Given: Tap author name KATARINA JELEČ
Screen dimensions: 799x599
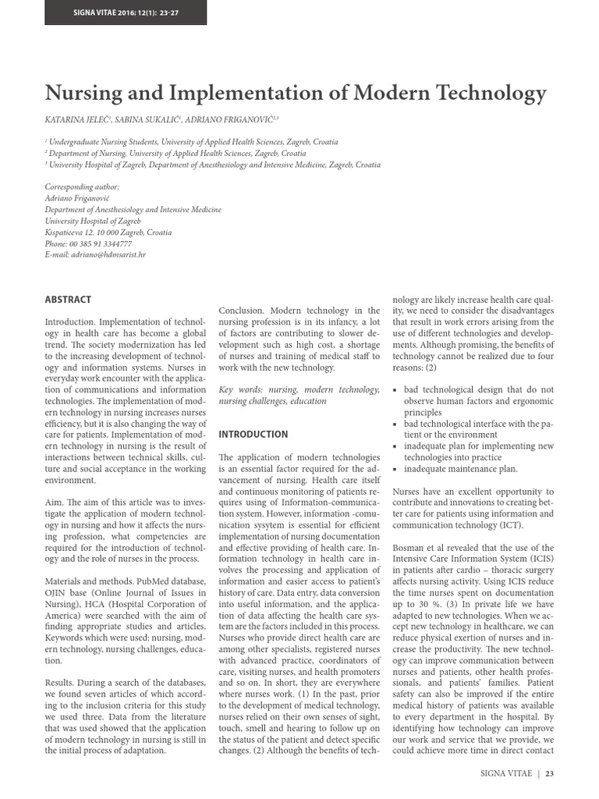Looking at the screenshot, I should tap(78, 119).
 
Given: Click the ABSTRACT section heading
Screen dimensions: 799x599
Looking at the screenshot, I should tap(68, 299).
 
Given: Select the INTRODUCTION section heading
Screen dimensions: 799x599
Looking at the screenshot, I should tap(253, 434).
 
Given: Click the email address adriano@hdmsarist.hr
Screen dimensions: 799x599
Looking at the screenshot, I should tap(95, 255).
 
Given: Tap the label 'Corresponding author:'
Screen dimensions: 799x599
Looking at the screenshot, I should tap(82, 187).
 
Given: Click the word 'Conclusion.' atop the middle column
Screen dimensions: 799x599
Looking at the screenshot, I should tap(245, 311).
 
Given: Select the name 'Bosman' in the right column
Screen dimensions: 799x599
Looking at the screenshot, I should tap(409, 549).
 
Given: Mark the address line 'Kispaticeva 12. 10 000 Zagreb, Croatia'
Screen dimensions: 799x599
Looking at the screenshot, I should tap(108, 233).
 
